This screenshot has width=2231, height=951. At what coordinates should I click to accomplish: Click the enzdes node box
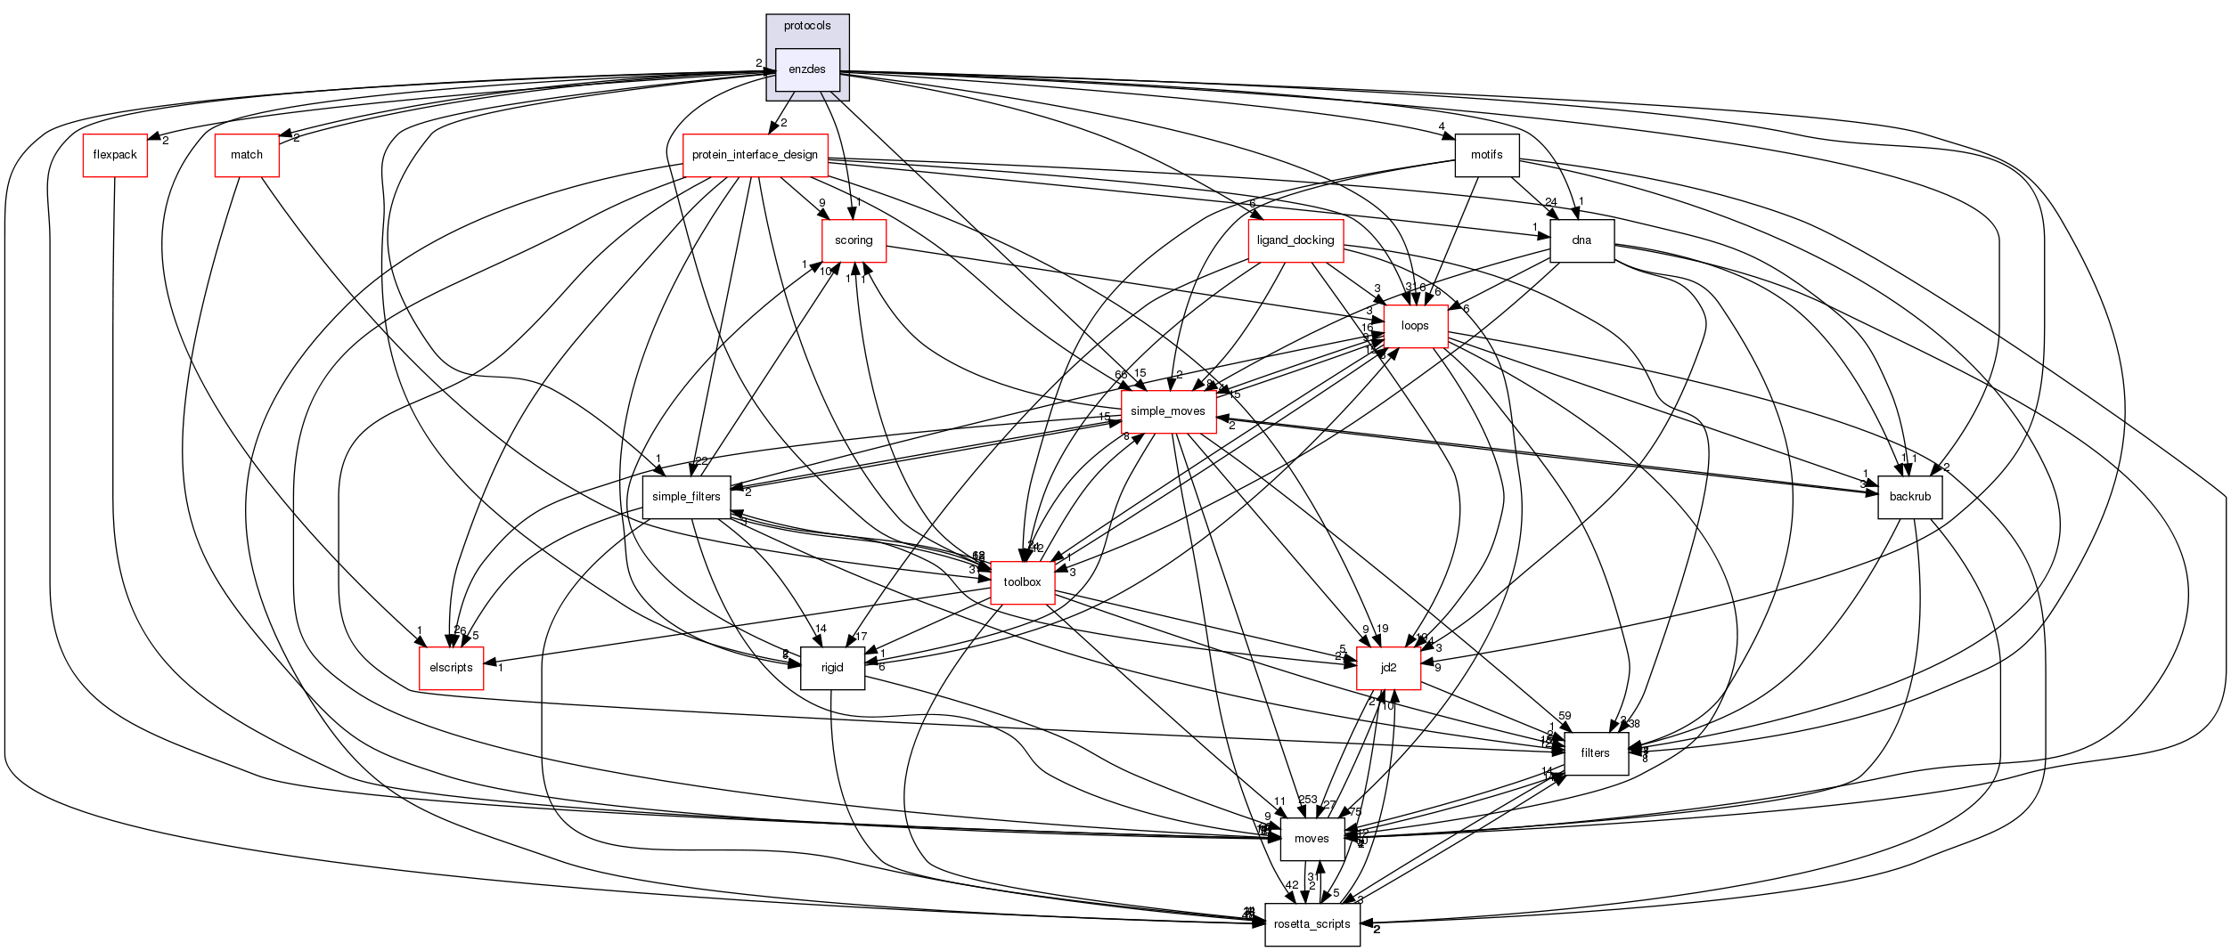[x=807, y=69]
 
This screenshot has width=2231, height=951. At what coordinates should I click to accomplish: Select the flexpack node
[x=115, y=155]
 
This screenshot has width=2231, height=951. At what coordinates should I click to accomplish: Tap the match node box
[x=247, y=155]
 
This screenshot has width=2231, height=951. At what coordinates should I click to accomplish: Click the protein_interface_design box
[x=755, y=155]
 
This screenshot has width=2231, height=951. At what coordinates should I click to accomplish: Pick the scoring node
[x=854, y=240]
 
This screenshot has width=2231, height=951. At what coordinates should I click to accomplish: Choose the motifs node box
[x=1486, y=155]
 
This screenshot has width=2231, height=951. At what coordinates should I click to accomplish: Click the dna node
[x=1581, y=240]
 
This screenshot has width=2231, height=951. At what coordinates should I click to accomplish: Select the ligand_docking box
[x=1295, y=240]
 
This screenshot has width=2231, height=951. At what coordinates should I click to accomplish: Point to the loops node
[x=1415, y=326]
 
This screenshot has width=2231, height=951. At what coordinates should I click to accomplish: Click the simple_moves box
[x=1167, y=411]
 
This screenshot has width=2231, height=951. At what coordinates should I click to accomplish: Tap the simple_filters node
[x=686, y=497]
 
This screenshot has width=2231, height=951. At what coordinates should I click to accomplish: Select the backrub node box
[x=1909, y=497]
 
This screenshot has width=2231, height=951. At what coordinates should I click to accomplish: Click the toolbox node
[x=1022, y=582]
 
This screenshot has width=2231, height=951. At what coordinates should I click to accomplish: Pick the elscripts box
[x=451, y=668]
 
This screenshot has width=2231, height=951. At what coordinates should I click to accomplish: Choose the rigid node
[x=832, y=668]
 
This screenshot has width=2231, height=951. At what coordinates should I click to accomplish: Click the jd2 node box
[x=1388, y=668]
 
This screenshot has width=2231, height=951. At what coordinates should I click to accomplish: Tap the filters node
[x=1595, y=753]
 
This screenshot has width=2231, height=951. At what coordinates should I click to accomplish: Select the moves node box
[x=1312, y=839]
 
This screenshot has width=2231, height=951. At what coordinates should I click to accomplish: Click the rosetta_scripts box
[x=1312, y=924]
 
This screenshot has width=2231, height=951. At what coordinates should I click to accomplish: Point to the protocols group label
[x=807, y=26]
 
